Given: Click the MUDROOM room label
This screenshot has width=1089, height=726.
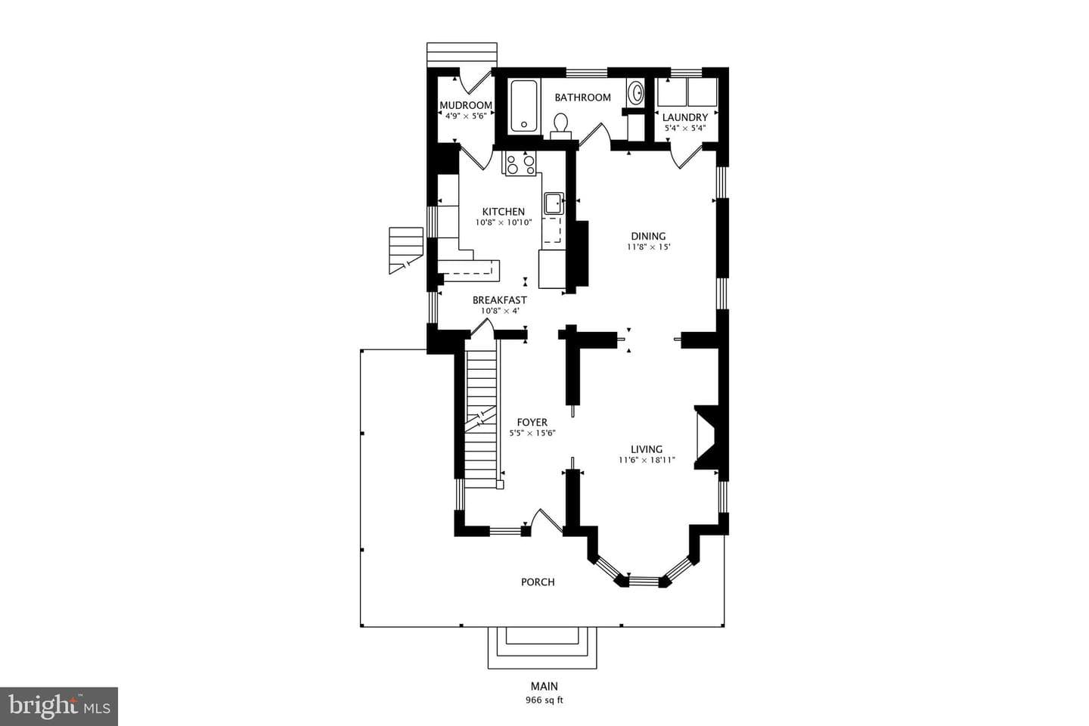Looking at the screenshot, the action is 466,105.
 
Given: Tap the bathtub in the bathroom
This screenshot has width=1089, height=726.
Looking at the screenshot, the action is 523,106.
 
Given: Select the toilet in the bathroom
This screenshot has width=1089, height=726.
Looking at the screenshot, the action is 560,126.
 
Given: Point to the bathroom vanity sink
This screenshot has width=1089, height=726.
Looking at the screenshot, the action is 635,92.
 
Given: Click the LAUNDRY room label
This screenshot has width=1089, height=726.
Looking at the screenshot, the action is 685,117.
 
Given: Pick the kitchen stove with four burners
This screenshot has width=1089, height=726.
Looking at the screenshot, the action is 520,163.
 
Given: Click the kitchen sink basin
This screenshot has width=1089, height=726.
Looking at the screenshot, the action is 554,203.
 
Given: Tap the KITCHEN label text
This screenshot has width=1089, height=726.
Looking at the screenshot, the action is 503,212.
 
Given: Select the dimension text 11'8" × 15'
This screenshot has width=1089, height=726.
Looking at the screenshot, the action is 649,247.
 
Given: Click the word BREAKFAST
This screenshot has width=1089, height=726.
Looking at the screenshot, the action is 500,300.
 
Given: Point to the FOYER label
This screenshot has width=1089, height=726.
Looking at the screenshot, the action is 532,422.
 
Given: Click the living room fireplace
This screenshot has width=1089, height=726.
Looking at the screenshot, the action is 706,438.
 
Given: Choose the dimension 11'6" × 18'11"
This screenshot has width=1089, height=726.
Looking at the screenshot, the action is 647,460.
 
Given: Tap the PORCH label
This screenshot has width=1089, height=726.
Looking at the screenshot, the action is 538,582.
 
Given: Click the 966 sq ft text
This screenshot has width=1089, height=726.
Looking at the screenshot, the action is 544,700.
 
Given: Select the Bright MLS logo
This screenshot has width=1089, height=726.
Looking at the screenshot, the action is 59,706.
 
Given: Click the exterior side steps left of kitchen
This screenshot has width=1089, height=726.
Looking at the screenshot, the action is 406,250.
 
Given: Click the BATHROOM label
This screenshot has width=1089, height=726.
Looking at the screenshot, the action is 582,98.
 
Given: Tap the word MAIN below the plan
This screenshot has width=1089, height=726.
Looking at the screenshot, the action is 544,686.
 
